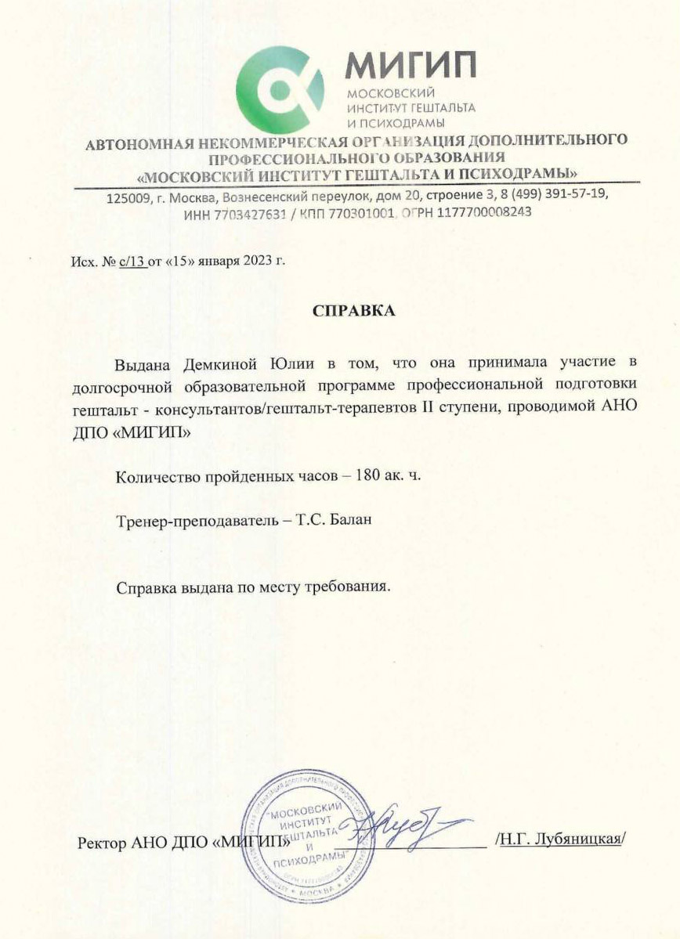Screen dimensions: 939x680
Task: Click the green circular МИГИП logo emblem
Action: (x=280, y=89)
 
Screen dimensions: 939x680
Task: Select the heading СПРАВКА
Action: (x=354, y=311)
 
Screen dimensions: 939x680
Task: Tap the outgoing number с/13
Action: (x=132, y=262)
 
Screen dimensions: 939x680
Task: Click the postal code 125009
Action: (x=127, y=197)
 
